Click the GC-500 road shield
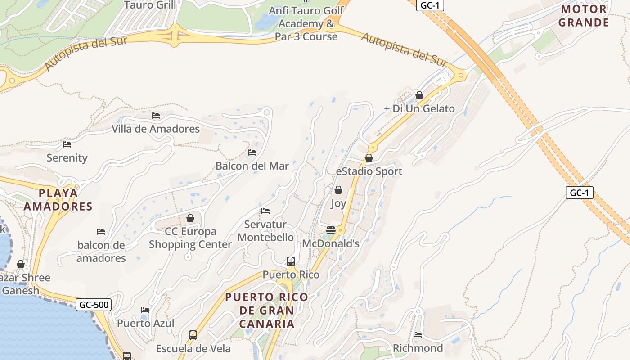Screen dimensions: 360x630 pyautogui.click(x=94, y=305)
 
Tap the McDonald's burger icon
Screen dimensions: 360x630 pyautogui.click(x=331, y=230)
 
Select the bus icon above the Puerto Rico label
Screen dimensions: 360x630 pyautogui.click(x=291, y=261)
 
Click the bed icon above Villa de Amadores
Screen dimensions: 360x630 pyautogui.click(x=156, y=116)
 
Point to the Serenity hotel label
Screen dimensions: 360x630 pyautogui.click(x=67, y=158)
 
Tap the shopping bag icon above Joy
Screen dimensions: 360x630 pyautogui.click(x=338, y=190)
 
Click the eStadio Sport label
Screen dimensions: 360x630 pyautogui.click(x=369, y=171)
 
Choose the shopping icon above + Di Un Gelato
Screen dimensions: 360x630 pyautogui.click(x=419, y=95)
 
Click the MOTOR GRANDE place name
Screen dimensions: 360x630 pyautogui.click(x=584, y=16)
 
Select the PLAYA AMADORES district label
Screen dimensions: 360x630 pyautogui.click(x=58, y=200)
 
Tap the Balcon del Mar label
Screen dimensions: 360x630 pyautogui.click(x=252, y=166)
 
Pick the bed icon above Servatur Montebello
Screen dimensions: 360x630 pyautogui.click(x=265, y=211)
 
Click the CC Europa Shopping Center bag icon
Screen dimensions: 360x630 pyautogui.click(x=190, y=218)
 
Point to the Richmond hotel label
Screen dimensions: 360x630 pyautogui.click(x=418, y=348)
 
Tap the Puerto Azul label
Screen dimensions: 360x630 pyautogui.click(x=145, y=324)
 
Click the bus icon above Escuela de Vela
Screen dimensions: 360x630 pyautogui.click(x=193, y=335)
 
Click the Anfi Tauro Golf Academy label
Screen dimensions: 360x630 pyautogui.click(x=306, y=23)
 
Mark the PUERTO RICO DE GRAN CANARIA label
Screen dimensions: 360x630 pyautogui.click(x=267, y=310)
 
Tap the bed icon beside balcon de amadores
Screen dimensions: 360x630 pyautogui.click(x=101, y=232)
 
